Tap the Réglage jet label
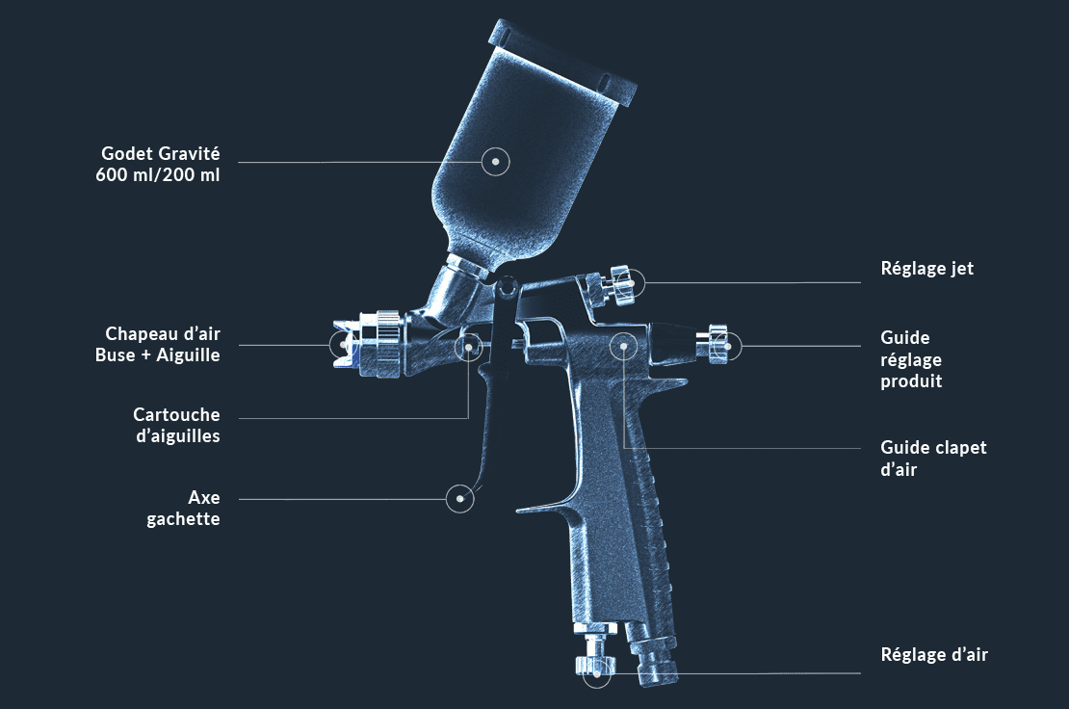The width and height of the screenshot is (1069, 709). (926, 269)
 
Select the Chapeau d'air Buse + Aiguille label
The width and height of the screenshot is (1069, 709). (163, 344)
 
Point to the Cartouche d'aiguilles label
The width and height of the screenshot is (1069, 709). (176, 425)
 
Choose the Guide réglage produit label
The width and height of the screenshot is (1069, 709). (911, 359)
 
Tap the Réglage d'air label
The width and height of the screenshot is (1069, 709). (934, 655)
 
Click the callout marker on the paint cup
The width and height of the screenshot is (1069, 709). (495, 162)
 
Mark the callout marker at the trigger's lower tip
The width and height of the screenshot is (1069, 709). (461, 498)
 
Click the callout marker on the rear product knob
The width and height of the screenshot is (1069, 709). (727, 345)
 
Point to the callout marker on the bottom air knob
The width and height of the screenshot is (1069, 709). (597, 672)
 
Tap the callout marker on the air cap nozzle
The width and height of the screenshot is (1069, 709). (344, 344)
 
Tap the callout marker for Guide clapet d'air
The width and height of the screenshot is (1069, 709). (624, 344)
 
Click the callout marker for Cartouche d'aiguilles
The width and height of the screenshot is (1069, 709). (469, 344)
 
